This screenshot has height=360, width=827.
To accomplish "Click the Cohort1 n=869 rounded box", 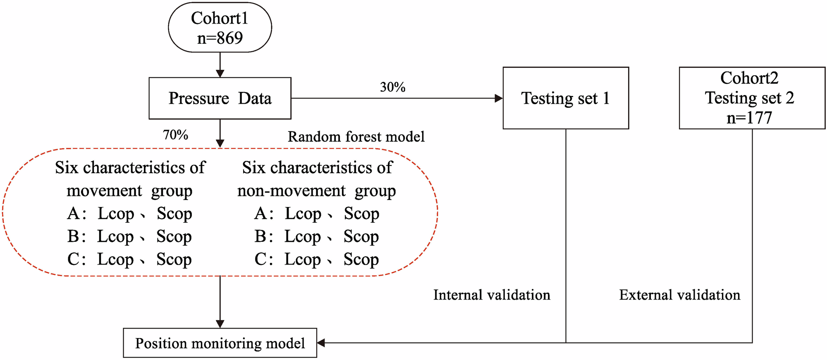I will click(220, 28).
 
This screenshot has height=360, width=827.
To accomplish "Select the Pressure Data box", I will click(220, 98).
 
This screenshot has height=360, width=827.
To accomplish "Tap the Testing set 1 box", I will click(565, 98).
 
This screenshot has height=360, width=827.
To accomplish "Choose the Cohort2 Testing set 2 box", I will click(752, 98).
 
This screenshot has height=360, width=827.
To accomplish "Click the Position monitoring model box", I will click(220, 343).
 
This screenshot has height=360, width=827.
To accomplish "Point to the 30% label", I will click(392, 87).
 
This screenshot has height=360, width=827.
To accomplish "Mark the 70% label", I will click(175, 135).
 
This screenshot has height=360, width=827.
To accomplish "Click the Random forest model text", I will click(356, 137).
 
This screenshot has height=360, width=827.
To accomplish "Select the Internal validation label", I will click(492, 295).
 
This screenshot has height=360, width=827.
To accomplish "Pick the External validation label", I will click(679, 295).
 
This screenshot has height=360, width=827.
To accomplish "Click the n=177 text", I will click(749, 118).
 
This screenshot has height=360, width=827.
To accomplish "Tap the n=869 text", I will click(220, 38).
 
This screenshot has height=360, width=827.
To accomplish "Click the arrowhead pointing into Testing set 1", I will click(499, 98).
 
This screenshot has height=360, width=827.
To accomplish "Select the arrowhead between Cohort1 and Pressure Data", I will click(220, 73).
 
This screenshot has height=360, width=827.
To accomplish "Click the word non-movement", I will click(291, 191).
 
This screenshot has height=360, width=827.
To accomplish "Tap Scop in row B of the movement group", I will click(174, 236).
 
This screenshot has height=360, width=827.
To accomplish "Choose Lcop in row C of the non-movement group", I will click(302, 260).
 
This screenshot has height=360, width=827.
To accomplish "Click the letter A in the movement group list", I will click(74, 214).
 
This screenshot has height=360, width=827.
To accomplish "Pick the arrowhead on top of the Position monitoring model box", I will click(220, 324).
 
